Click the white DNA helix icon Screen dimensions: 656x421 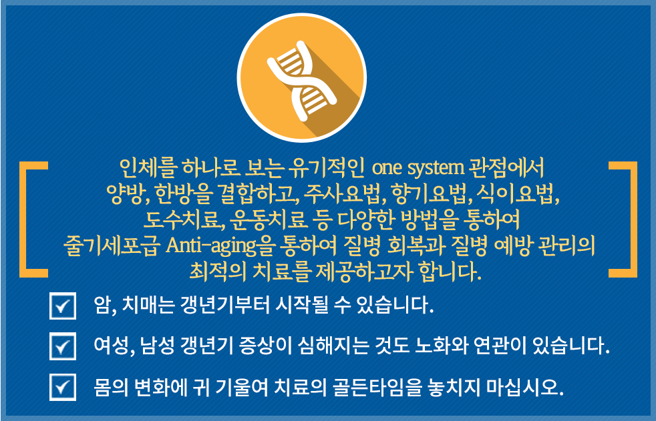pos(302,80)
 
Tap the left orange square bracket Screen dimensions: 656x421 pos(26,220)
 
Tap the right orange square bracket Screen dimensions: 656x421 pos(631,220)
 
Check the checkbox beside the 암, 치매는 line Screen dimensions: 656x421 pos(63,306)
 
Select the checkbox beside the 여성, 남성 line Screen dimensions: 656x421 pos(63,346)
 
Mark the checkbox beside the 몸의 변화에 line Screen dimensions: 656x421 pos(63,387)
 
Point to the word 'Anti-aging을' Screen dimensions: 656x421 pos(218,246)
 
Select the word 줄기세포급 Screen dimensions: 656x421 pos(112,246)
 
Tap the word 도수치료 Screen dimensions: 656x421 pos(182,220)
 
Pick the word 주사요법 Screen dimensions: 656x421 pos(341,193)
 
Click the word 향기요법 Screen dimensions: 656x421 pos(428,193)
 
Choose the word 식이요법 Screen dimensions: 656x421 pos(514,193)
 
